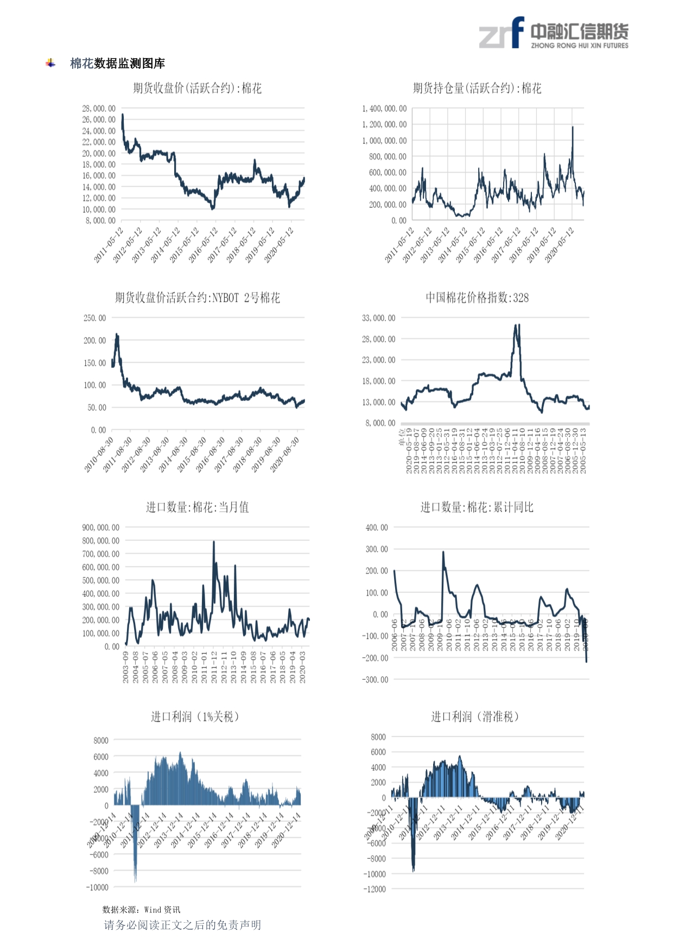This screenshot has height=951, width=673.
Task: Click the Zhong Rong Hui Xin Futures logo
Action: tap(554, 34)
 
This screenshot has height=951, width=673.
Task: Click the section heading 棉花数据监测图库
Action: tap(117, 63)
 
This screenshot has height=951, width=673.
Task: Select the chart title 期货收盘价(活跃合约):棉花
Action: tap(197, 88)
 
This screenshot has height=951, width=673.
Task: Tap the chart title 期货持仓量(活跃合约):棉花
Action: tap(477, 88)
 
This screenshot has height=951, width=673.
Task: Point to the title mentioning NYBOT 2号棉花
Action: tap(197, 298)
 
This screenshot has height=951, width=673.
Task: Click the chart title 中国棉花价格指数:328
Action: tap(477, 298)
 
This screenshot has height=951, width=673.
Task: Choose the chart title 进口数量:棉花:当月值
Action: tap(197, 507)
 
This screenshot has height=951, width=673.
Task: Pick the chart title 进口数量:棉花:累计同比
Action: tap(477, 507)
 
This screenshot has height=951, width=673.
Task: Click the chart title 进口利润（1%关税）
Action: tap(196, 717)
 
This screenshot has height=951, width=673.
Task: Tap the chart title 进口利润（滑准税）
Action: tap(476, 717)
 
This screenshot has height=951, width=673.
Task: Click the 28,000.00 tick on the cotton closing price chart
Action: tap(99, 108)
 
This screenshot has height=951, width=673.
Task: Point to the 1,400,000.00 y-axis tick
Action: tap(384, 108)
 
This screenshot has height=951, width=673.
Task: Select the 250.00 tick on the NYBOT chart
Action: tap(95, 318)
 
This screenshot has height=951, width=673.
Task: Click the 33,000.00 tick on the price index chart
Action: tap(379, 318)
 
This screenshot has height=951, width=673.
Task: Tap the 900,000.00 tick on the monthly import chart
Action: tap(101, 527)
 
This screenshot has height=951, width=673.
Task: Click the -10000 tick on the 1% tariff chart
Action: tap(97, 888)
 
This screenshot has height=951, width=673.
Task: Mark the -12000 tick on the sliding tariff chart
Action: tap(374, 889)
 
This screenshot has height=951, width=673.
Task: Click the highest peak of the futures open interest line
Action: tap(573, 127)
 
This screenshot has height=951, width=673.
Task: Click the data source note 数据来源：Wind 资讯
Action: tap(141, 910)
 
